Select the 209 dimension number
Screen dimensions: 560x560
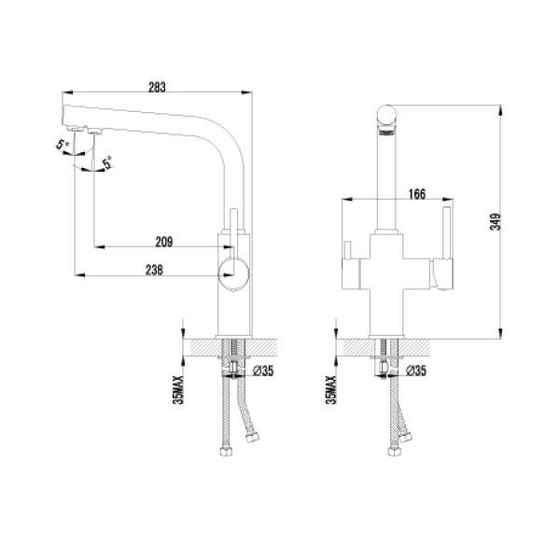(162, 241)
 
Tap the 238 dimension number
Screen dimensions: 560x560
(156, 270)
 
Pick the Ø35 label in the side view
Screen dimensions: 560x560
(262, 371)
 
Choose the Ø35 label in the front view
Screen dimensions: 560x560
(416, 371)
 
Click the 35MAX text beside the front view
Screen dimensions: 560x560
(332, 385)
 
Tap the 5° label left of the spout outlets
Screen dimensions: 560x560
(62, 146)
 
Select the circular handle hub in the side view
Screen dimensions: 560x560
(233, 273)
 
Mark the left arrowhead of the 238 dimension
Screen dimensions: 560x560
(77, 276)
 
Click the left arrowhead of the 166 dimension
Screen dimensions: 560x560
(341, 201)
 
